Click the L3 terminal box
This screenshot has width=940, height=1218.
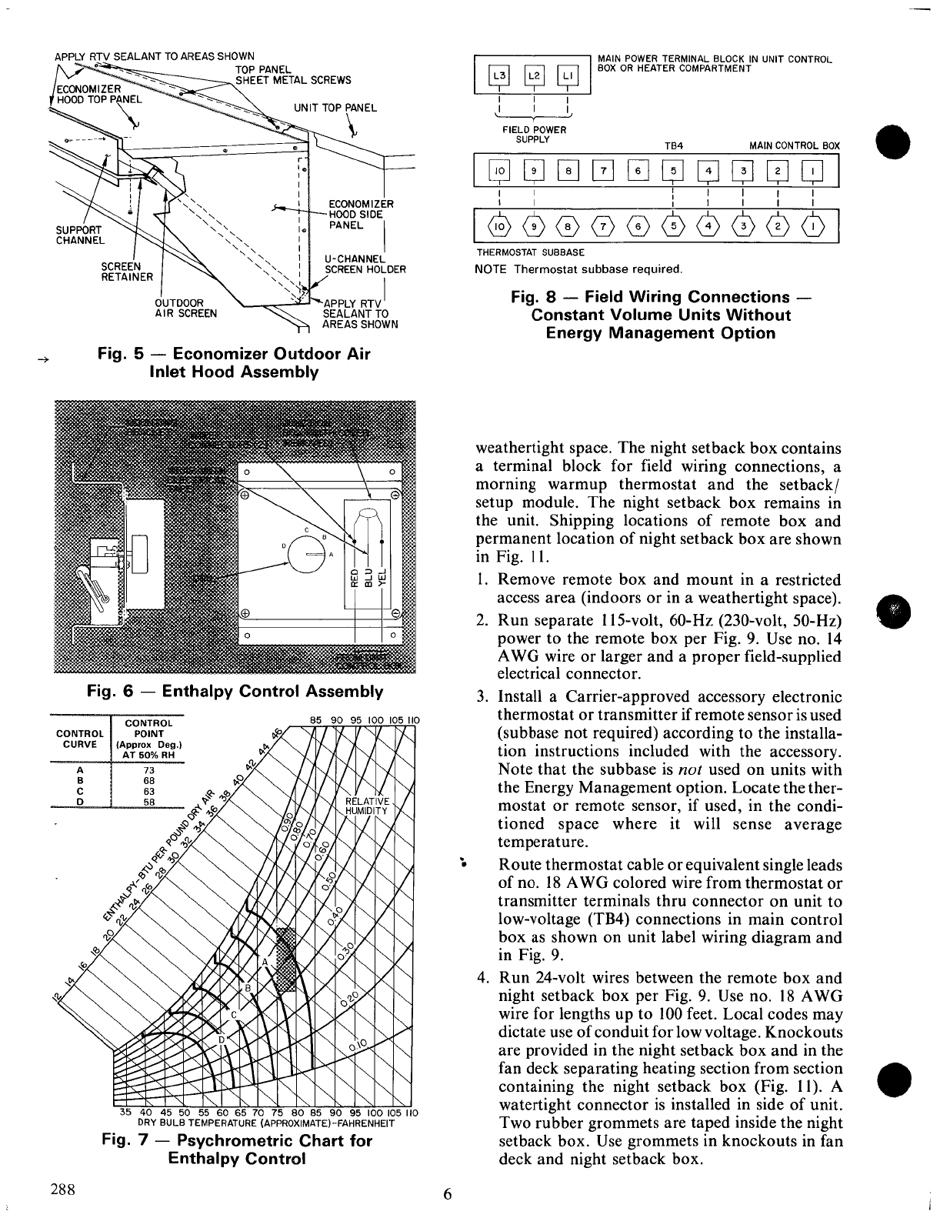pos(500,75)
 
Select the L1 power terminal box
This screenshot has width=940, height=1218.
pos(567,75)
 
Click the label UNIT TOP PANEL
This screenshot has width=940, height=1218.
pos(335,108)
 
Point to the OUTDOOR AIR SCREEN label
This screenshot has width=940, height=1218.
pos(185,308)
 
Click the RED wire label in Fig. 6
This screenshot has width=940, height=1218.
pos(355,577)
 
